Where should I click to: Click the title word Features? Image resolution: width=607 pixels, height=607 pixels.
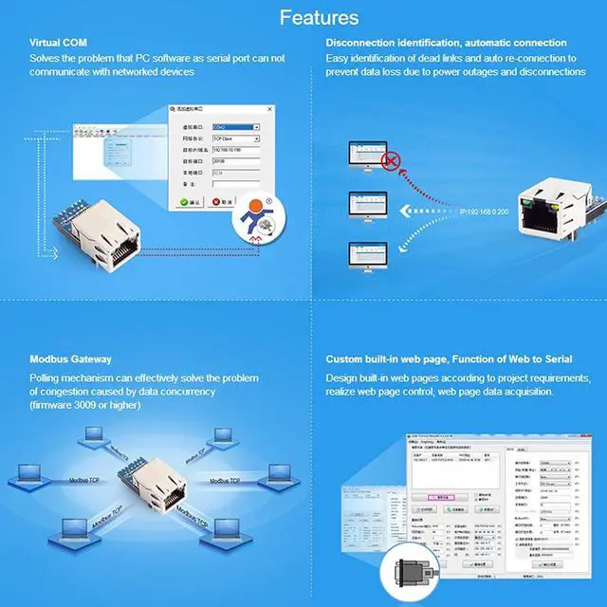pyautogui.click(x=319, y=17)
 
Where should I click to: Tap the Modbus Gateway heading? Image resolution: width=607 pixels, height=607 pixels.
pyautogui.click(x=70, y=359)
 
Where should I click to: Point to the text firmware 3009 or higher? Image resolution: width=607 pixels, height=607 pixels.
pyautogui.click(x=85, y=405)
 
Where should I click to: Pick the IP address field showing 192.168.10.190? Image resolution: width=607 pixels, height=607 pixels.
pyautogui.click(x=235, y=150)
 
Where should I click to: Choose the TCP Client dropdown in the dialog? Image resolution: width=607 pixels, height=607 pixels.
pyautogui.click(x=235, y=138)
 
